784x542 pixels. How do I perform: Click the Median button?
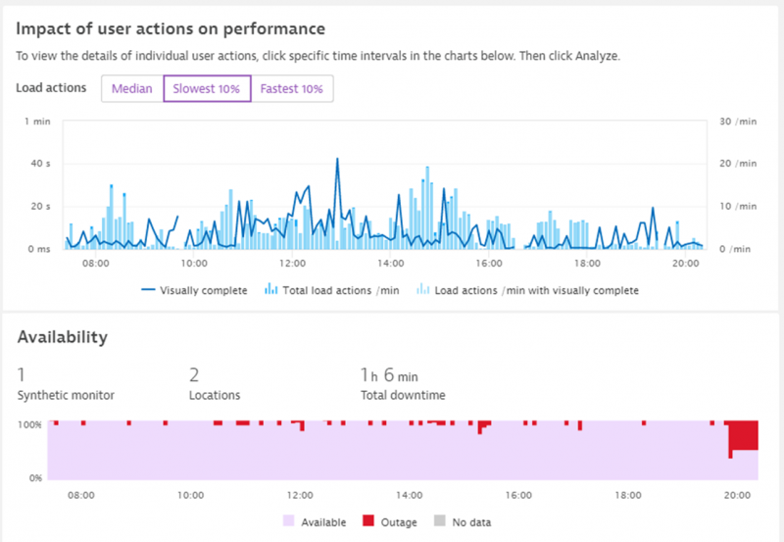131,88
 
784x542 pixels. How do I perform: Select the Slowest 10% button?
207,88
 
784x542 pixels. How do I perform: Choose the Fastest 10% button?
292,88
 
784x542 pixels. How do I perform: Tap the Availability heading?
62,337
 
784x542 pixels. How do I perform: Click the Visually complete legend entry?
194,290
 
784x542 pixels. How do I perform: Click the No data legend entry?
466,521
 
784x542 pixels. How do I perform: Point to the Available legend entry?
314,521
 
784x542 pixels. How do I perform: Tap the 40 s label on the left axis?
40,164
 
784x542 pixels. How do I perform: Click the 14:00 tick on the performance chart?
390,264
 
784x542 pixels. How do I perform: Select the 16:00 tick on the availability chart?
518,495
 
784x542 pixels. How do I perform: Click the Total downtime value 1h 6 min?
390,375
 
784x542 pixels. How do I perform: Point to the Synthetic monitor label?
66,395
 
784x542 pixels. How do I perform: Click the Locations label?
216,395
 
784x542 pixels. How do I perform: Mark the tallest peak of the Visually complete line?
337,159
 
